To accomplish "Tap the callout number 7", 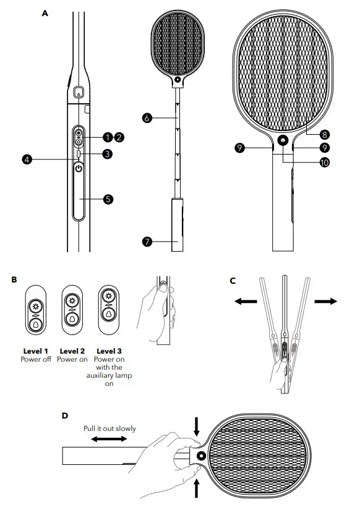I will pyautogui.click(x=147, y=242).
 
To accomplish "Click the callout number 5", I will pyautogui.click(x=108, y=199).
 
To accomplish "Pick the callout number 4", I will pyautogui.click(x=27, y=160).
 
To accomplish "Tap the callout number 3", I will pyautogui.click(x=108, y=154).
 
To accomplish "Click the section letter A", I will pyautogui.click(x=45, y=12).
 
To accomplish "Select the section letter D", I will pyautogui.click(x=64, y=415).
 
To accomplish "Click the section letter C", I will pyautogui.click(x=233, y=280).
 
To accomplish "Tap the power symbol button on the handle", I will pyautogui.click(x=78, y=168).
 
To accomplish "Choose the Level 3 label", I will pyautogui.click(x=109, y=351).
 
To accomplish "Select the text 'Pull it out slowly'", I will pyautogui.click(x=109, y=428).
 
